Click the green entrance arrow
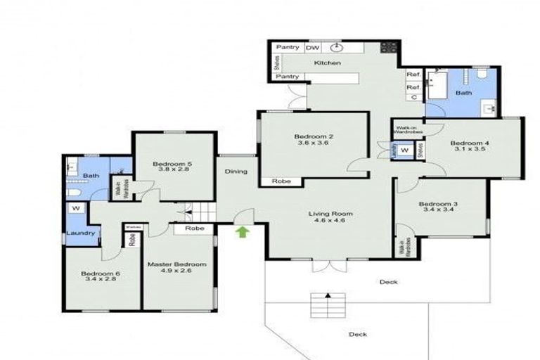[243, 232]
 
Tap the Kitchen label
[328, 63]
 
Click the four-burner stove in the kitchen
[388, 48]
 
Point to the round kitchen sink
[337, 48]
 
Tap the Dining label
[236, 172]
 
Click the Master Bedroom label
[176, 264]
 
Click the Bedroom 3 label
[439, 204]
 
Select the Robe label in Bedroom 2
[274, 181]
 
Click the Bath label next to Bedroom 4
[463, 93]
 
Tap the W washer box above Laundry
[75, 209]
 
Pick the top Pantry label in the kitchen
[288, 48]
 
